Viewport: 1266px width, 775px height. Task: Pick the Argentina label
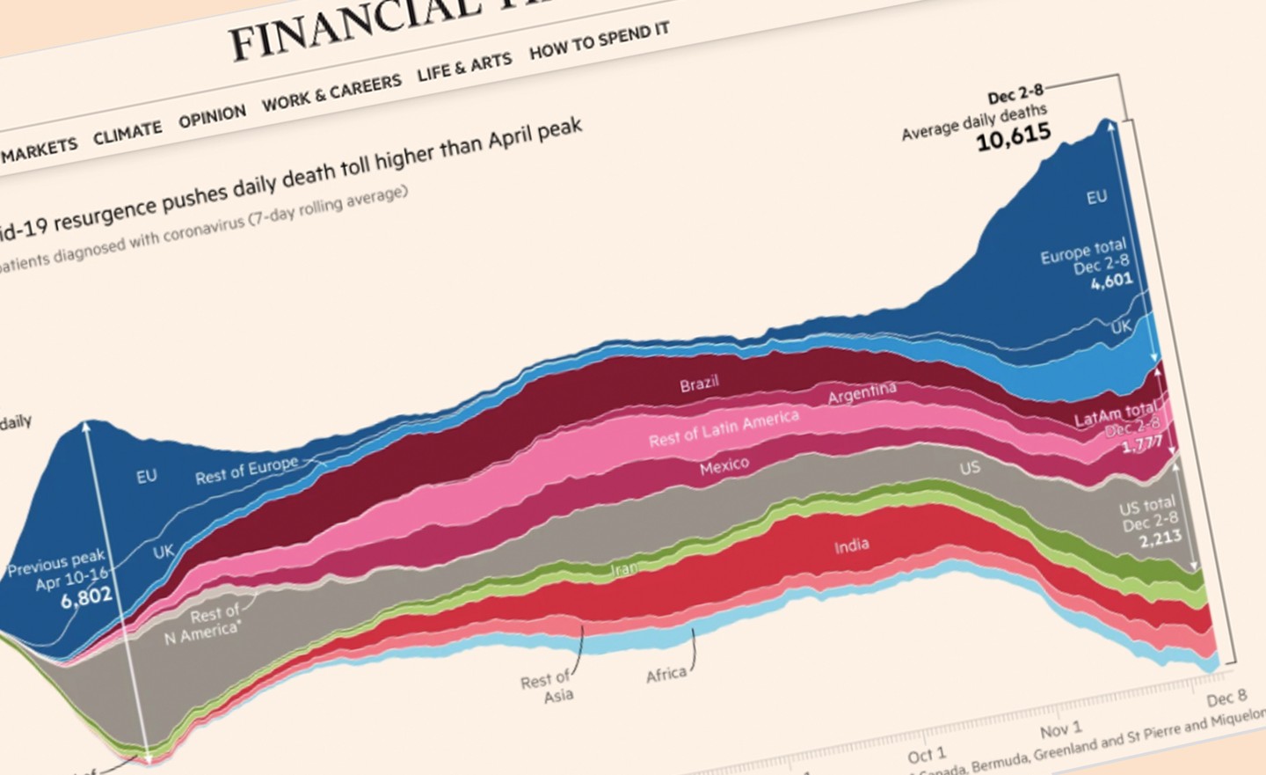(862, 393)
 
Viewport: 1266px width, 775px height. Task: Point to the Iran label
(624, 569)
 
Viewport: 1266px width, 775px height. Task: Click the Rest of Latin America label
(724, 428)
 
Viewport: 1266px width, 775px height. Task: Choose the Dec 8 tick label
(1226, 698)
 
